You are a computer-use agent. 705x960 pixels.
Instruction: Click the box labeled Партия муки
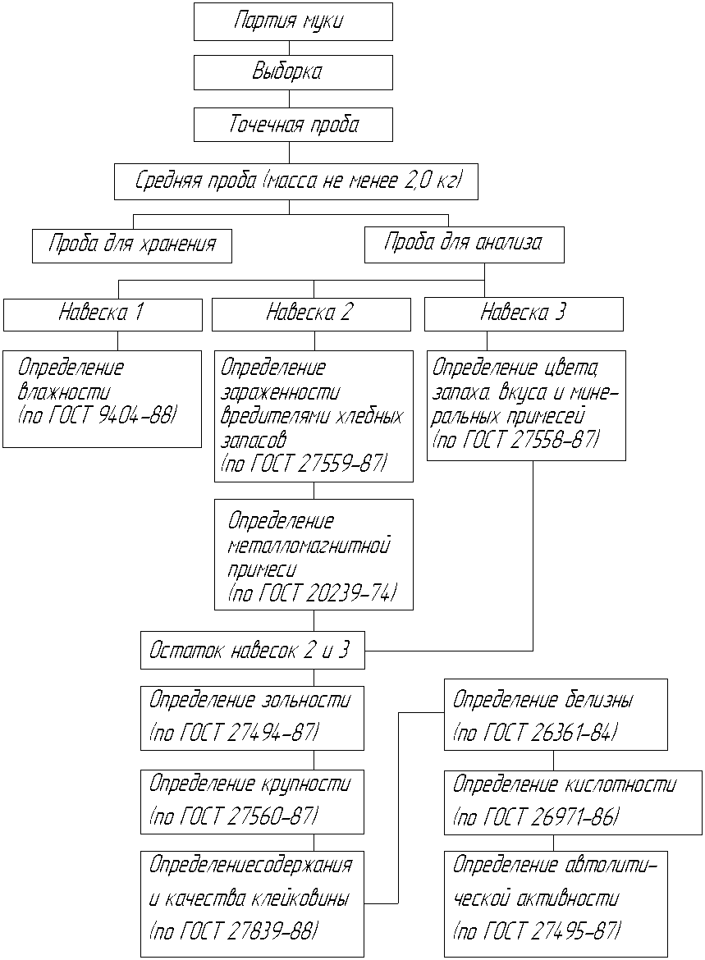pyautogui.click(x=293, y=21)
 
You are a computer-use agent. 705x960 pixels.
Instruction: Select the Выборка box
pyautogui.click(x=293, y=72)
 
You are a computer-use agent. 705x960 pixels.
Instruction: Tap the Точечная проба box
pyautogui.click(x=293, y=125)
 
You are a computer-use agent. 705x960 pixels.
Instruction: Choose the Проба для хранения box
pyautogui.click(x=132, y=246)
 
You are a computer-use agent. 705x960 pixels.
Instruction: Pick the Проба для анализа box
pyautogui.click(x=465, y=245)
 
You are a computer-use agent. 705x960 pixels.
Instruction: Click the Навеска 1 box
pyautogui.click(x=103, y=315)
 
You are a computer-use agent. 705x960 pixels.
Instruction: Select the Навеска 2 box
pyautogui.click(x=311, y=315)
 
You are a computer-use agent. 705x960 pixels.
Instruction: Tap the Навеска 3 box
pyautogui.click(x=524, y=315)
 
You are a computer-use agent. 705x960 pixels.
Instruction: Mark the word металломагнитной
pyautogui.click(x=309, y=545)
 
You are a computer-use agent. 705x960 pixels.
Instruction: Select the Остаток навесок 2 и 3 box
pyautogui.click(x=253, y=650)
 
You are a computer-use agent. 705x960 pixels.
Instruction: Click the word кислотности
pyautogui.click(x=620, y=784)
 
